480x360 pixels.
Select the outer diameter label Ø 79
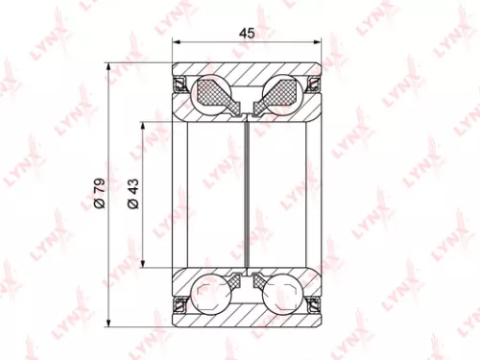click(x=99, y=193)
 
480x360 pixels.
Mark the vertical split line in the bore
click(x=249, y=193)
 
